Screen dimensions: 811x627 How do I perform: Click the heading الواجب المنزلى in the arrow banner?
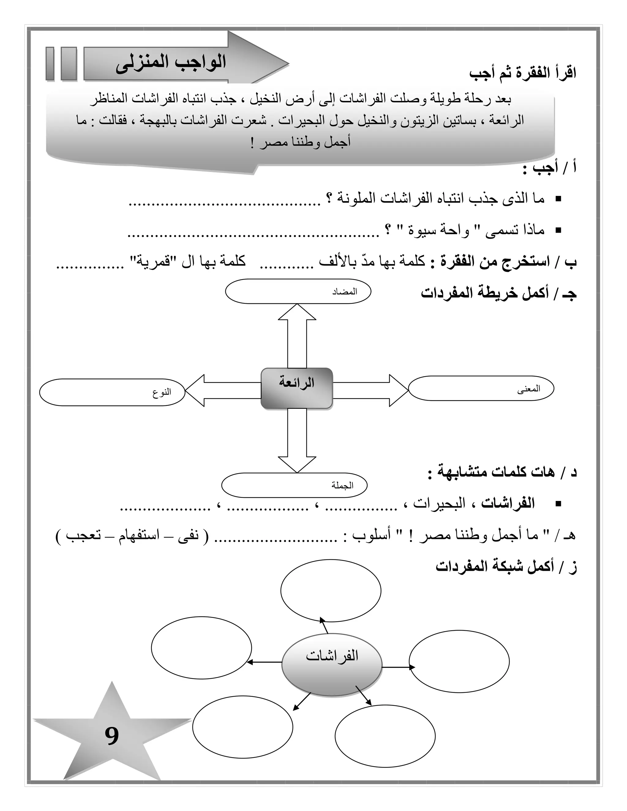click(x=171, y=64)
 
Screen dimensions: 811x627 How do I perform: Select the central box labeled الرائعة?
click(x=296, y=388)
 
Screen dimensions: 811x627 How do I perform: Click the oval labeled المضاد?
click(x=298, y=291)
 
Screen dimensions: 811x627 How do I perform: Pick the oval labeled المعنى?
click(x=481, y=388)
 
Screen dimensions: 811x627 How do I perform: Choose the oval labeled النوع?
click(x=112, y=392)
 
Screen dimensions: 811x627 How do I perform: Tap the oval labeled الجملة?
click(x=294, y=485)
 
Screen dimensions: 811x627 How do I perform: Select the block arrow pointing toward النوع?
click(x=223, y=390)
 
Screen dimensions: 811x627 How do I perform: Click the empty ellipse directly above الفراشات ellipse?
click(x=331, y=591)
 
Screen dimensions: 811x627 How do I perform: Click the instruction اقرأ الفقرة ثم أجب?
click(x=523, y=73)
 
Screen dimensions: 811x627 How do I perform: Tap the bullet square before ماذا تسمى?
click(x=558, y=231)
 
